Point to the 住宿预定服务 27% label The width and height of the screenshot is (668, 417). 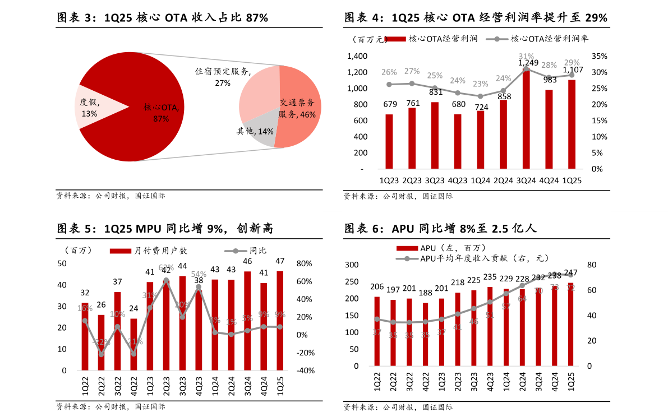(x=223, y=77)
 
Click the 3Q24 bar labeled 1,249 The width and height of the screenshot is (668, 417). (x=526, y=118)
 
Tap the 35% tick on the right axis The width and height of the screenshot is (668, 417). (x=600, y=56)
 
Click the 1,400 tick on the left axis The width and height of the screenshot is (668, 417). (x=357, y=56)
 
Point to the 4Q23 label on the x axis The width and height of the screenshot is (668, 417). (x=458, y=180)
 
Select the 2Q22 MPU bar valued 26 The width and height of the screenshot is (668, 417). (x=101, y=342)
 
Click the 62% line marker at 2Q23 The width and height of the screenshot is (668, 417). (x=166, y=280)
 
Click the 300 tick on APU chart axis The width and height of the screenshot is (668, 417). (x=351, y=265)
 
